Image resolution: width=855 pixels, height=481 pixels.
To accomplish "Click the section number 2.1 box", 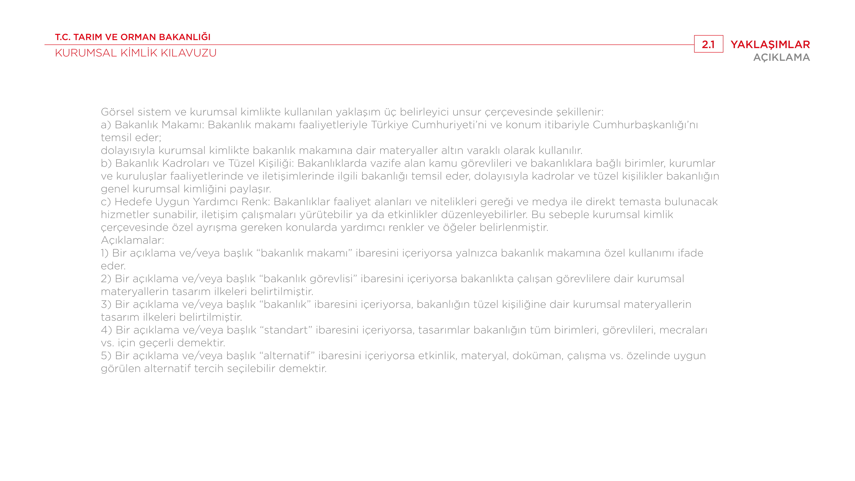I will (708, 44).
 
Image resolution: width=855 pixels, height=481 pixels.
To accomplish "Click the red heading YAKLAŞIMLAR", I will (770, 44).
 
